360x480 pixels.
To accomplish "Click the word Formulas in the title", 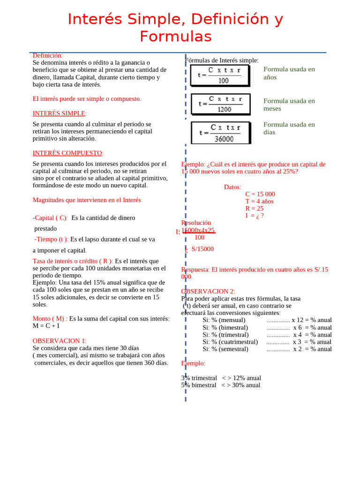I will point(176,37).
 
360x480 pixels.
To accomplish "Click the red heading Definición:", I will point(47,56).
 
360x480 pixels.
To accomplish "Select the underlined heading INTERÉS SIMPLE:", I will point(60,113).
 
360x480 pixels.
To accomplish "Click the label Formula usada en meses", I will point(289,105).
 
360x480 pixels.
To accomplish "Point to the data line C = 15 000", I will point(260,194).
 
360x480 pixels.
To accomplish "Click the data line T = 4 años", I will point(259,202).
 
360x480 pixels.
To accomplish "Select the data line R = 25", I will point(254,209).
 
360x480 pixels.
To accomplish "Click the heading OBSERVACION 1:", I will point(60,341).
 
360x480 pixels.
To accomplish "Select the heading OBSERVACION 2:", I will point(208,292).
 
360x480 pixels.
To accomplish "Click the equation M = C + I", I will point(46,326).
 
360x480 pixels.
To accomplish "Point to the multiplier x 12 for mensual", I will point(297,320).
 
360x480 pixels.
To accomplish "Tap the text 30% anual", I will point(244,385).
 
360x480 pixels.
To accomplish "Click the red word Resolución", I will point(196,223).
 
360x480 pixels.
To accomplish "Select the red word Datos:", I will point(232,187).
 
